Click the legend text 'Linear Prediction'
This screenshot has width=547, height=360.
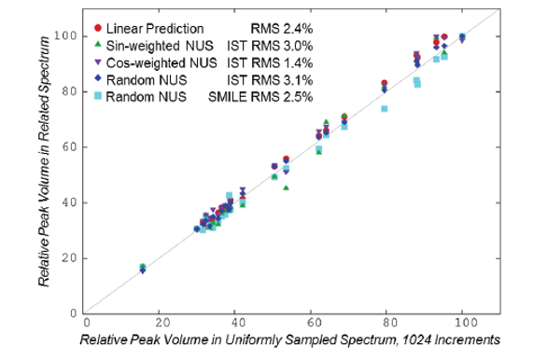coord(156,29)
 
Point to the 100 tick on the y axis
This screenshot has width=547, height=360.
coord(67,36)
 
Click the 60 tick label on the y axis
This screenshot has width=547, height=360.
coord(70,147)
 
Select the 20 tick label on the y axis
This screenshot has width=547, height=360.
coord(70,258)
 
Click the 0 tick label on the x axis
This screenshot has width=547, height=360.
coord(85,325)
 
